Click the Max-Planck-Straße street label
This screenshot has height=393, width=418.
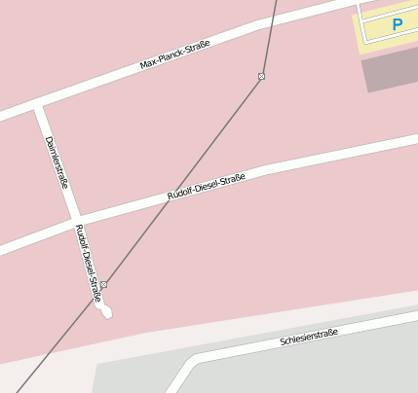pyautogui.click(x=175, y=54)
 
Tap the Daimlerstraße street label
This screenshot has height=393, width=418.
pyautogui.click(x=57, y=161)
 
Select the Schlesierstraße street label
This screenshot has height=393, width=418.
pyautogui.click(x=309, y=338)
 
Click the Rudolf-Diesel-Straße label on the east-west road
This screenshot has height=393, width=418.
pyautogui.click(x=206, y=187)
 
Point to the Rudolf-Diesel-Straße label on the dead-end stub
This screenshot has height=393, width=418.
pyautogui.click(x=89, y=263)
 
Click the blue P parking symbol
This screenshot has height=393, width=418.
pyautogui.click(x=398, y=24)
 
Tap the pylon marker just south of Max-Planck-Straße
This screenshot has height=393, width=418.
pyautogui.click(x=262, y=76)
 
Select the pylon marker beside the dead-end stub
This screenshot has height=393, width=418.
pyautogui.click(x=103, y=285)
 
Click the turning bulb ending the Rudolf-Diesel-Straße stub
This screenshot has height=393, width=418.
pyautogui.click(x=106, y=312)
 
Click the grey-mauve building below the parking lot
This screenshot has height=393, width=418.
pyautogui.click(x=391, y=72)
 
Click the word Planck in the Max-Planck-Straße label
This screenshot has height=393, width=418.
pyautogui.click(x=173, y=55)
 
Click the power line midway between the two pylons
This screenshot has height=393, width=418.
pyautogui.click(x=183, y=180)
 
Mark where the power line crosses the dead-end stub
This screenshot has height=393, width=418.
pyautogui.click(x=95, y=295)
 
